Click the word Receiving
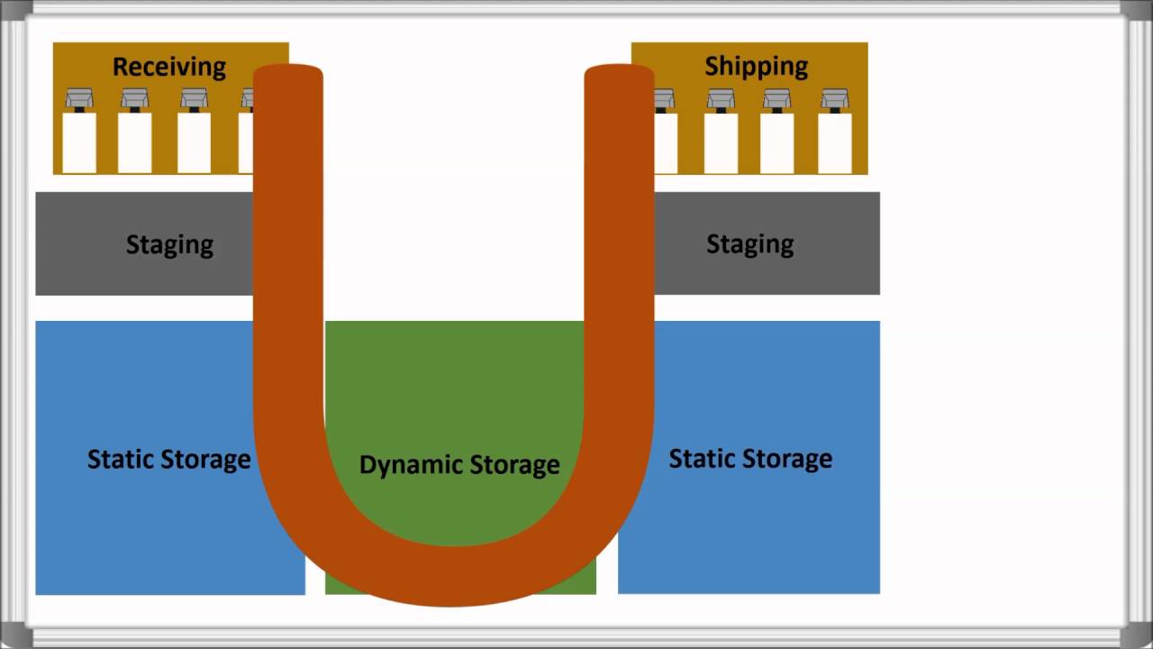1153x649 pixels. pyautogui.click(x=168, y=67)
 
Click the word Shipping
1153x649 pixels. pyautogui.click(x=756, y=66)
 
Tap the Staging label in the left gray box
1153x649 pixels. pyautogui.click(x=169, y=244)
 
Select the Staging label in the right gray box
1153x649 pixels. pyautogui.click(x=749, y=243)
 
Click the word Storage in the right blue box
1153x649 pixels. pyautogui.click(x=790, y=459)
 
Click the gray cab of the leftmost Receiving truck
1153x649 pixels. pyautogui.click(x=79, y=97)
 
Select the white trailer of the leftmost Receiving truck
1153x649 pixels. pyautogui.click(x=79, y=142)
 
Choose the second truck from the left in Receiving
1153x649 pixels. pyautogui.click(x=135, y=131)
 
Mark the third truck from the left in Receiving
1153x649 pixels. pyautogui.click(x=194, y=131)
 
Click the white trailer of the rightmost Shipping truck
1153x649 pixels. pyautogui.click(x=834, y=142)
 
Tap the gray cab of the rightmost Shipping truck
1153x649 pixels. pyautogui.click(x=834, y=97)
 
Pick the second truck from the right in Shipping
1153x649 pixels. pyautogui.click(x=776, y=131)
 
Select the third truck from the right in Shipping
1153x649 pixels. pyautogui.click(x=721, y=131)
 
